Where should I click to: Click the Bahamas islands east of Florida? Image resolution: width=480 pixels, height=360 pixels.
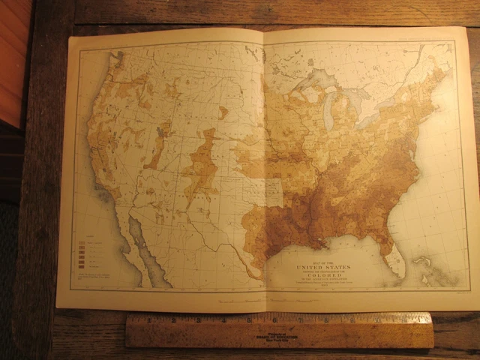[x=424, y=266]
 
